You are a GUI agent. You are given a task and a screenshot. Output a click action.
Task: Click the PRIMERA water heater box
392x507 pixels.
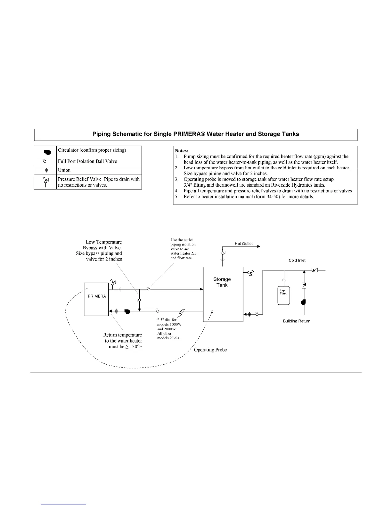[x=96, y=299]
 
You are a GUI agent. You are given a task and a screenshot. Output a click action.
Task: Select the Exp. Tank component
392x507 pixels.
[x=283, y=295]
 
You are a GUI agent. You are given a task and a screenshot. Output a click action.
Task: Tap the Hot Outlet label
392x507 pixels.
[x=243, y=244]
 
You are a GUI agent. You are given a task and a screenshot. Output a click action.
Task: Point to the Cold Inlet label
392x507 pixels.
[x=297, y=260]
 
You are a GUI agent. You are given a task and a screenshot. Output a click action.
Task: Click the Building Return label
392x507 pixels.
[x=297, y=321]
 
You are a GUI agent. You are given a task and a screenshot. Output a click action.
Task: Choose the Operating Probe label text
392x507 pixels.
[x=210, y=350]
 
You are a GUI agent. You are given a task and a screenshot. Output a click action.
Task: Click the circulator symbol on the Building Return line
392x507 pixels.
[x=303, y=302]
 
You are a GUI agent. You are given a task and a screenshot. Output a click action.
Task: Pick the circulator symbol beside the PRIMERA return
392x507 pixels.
[x=127, y=311]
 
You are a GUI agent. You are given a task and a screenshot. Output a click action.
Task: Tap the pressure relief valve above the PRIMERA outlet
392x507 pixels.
[x=113, y=283]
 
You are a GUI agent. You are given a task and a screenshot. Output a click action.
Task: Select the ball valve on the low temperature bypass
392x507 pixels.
[x=139, y=300]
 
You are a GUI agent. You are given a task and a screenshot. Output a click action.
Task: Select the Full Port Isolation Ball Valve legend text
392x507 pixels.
[x=87, y=161]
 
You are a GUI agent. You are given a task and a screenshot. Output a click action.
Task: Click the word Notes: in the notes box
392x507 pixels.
[x=182, y=150]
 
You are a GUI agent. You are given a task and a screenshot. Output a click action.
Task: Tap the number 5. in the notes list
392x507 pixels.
[x=177, y=197]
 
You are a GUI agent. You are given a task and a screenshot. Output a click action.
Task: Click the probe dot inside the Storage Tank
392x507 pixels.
[x=212, y=311]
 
